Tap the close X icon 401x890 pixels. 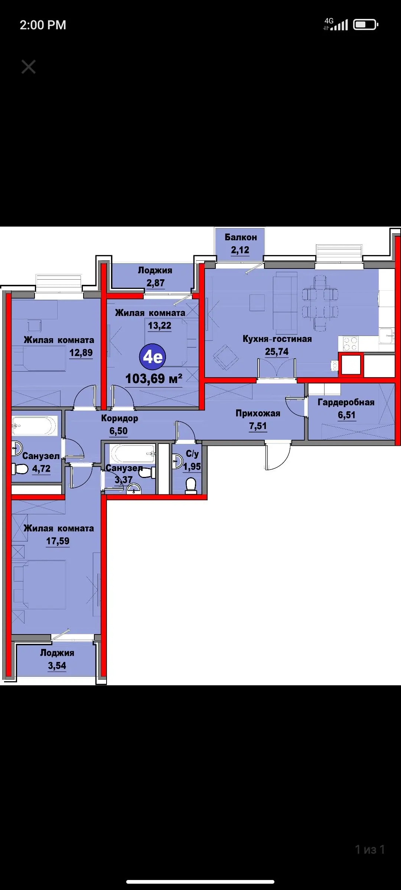pyautogui.click(x=29, y=67)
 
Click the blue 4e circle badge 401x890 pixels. pyautogui.click(x=153, y=357)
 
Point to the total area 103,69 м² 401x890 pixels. pyautogui.click(x=154, y=379)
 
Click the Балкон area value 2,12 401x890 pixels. pyautogui.click(x=240, y=250)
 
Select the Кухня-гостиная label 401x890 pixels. pyautogui.click(x=277, y=339)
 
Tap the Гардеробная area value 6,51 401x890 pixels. pyautogui.click(x=346, y=415)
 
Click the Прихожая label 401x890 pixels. pyautogui.click(x=258, y=413)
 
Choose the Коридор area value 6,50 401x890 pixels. pyautogui.click(x=118, y=431)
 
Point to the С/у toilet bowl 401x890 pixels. pyautogui.click(x=191, y=485)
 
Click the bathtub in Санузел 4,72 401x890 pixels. pyautogui.click(x=35, y=425)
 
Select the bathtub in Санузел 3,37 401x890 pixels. pyautogui.click(x=133, y=453)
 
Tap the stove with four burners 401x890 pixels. pyautogui.click(x=350, y=343)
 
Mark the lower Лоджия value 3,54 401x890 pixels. pyautogui.click(x=57, y=666)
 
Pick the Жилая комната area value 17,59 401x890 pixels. pyautogui.click(x=58, y=541)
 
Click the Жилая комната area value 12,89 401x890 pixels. pyautogui.click(x=81, y=353)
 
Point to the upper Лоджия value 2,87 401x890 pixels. pyautogui.click(x=156, y=283)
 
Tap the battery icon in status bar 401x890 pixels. pyautogui.click(x=365, y=25)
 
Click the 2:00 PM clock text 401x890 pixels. pyautogui.click(x=43, y=25)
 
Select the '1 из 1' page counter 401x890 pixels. pyautogui.click(x=370, y=850)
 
